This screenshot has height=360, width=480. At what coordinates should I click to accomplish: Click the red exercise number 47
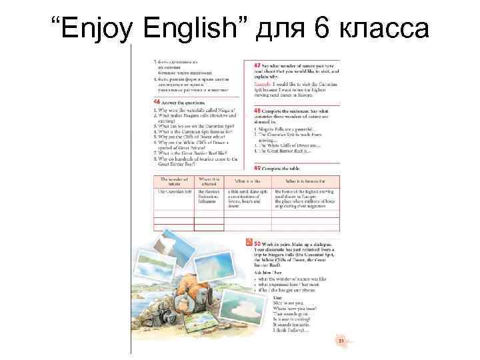tap(259, 65)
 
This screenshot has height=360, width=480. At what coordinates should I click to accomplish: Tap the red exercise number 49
tap(259, 168)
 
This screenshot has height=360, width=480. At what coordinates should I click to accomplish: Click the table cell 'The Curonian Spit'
tap(173, 191)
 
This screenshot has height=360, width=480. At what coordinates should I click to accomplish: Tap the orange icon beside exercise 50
tap(249, 245)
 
